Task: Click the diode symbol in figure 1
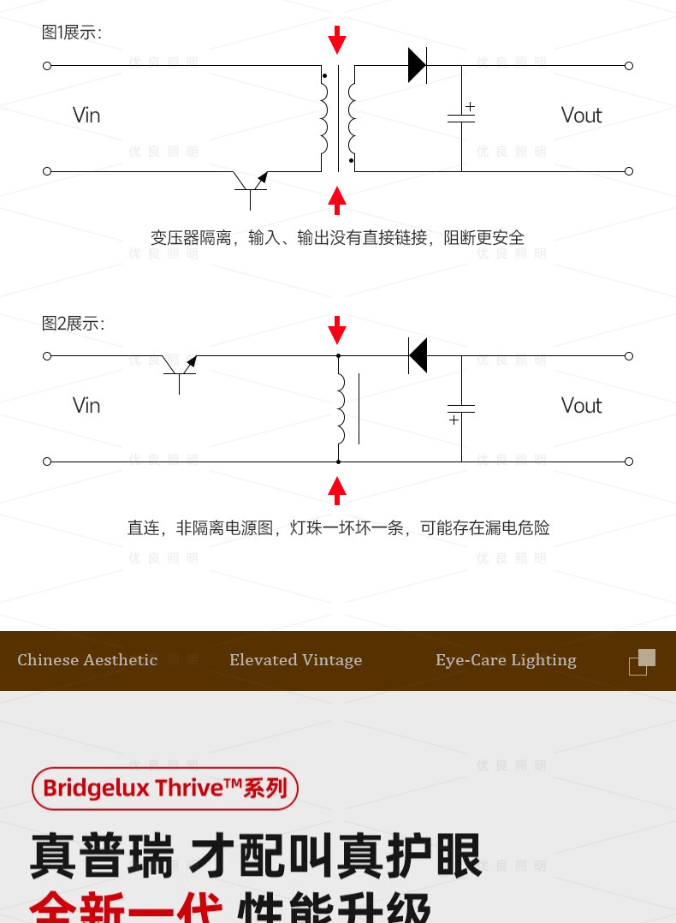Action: [x=418, y=65]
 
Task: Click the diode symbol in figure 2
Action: [x=418, y=355]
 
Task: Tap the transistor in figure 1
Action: [x=252, y=183]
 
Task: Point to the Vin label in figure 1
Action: [x=86, y=116]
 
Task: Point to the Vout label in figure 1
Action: [x=581, y=116]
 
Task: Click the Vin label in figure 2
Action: [x=86, y=406]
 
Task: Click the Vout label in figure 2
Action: [x=581, y=406]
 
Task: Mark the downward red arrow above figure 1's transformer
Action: [x=338, y=39]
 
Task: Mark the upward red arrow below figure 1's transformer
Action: [x=338, y=200]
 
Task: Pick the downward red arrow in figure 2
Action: [x=338, y=330]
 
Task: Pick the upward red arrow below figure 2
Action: [x=338, y=491]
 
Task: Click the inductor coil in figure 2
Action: [x=341, y=409]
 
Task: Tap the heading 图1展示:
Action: [x=72, y=33]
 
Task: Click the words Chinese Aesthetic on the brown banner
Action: [x=87, y=660]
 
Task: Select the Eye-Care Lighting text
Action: [x=506, y=660]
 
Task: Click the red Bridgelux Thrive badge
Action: [x=165, y=788]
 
